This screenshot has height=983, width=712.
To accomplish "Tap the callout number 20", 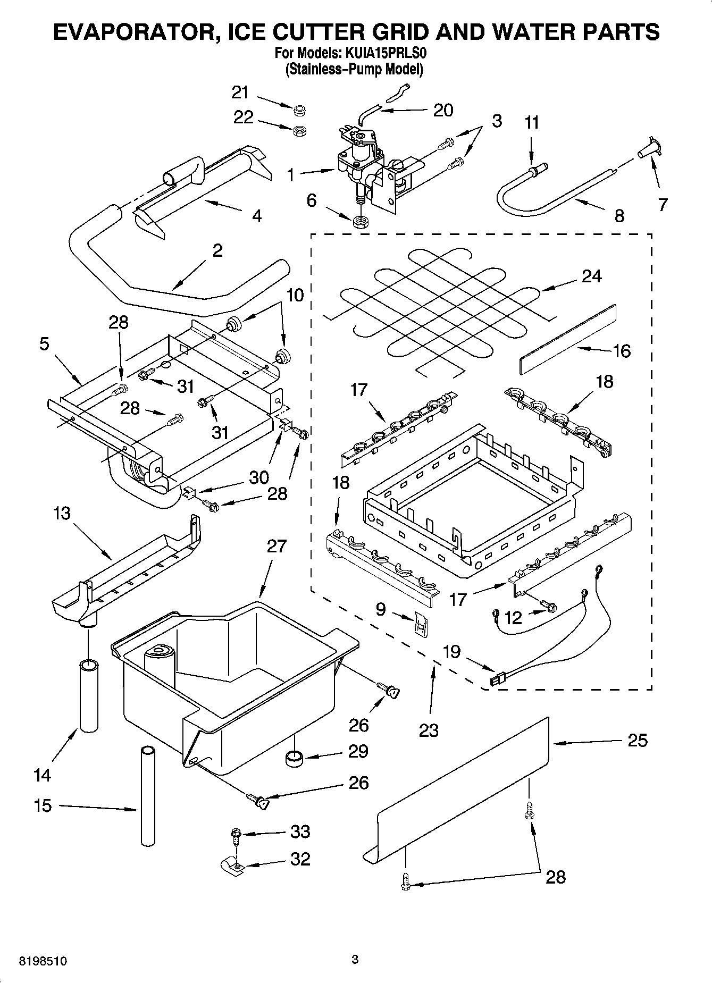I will [443, 110].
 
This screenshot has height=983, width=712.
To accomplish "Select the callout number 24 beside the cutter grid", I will [591, 276].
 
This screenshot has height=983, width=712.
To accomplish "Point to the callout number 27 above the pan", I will [277, 546].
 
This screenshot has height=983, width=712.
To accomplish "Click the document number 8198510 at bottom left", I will [43, 961].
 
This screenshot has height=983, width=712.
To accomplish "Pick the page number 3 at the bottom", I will [355, 960].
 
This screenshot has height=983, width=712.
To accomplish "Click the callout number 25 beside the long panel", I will [638, 740].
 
